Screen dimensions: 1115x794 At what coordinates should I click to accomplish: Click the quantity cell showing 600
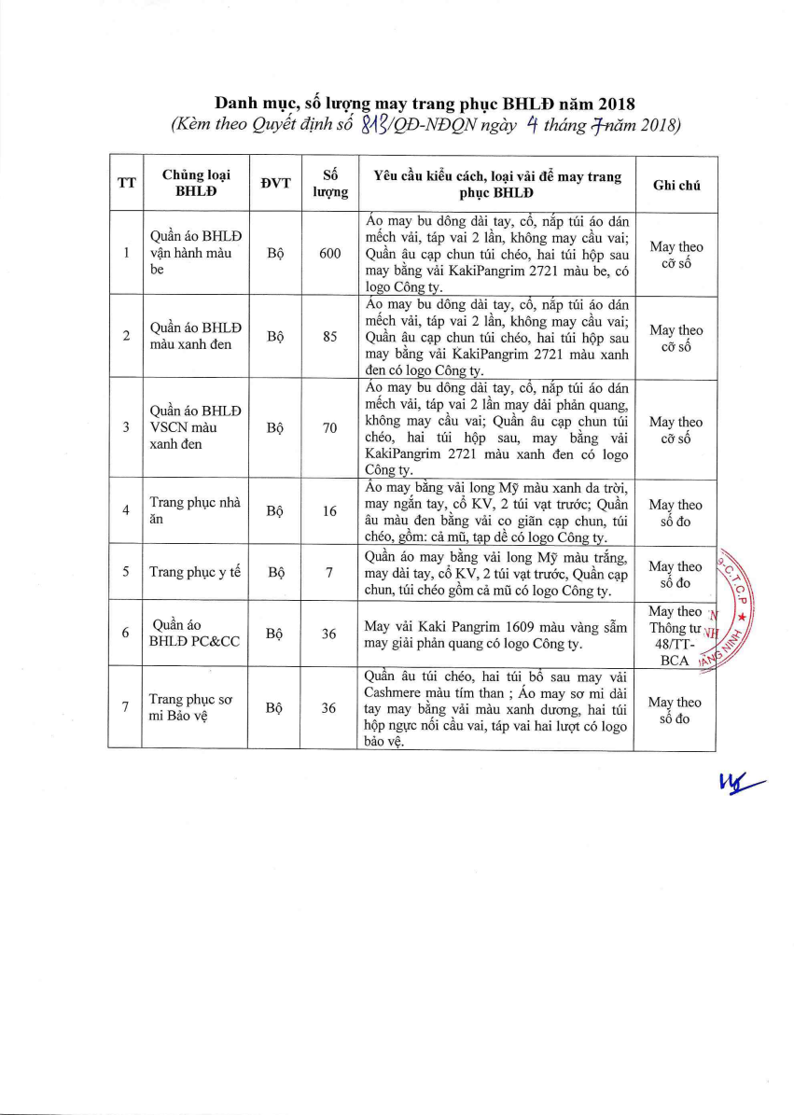pyautogui.click(x=329, y=254)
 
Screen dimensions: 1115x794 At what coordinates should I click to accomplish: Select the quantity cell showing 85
pyautogui.click(x=329, y=337)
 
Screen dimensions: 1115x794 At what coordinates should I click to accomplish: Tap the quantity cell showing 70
pyautogui.click(x=329, y=428)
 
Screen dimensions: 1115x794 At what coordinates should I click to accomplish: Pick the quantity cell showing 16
pyautogui.click(x=329, y=511)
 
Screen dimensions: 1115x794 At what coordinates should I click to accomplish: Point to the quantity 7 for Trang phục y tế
pyautogui.click(x=329, y=573)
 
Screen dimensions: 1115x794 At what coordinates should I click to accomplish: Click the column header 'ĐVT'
pyautogui.click(x=275, y=184)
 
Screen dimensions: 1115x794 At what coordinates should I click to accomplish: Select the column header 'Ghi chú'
pyautogui.click(x=676, y=184)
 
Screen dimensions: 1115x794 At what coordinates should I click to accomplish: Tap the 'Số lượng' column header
pyautogui.click(x=329, y=184)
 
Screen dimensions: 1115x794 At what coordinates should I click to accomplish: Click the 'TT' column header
pyautogui.click(x=126, y=184)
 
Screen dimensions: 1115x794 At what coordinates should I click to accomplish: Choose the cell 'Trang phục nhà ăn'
pyautogui.click(x=194, y=511)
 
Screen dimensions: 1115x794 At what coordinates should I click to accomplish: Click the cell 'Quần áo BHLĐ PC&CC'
pyautogui.click(x=194, y=634)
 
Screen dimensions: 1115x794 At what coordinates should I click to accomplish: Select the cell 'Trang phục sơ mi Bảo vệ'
pyautogui.click(x=194, y=708)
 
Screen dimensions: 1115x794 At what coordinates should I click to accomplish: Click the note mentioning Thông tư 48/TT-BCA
pyautogui.click(x=676, y=634)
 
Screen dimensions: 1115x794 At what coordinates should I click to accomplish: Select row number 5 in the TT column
pyautogui.click(x=126, y=573)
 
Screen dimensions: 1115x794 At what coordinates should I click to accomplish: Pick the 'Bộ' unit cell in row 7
pyautogui.click(x=275, y=708)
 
